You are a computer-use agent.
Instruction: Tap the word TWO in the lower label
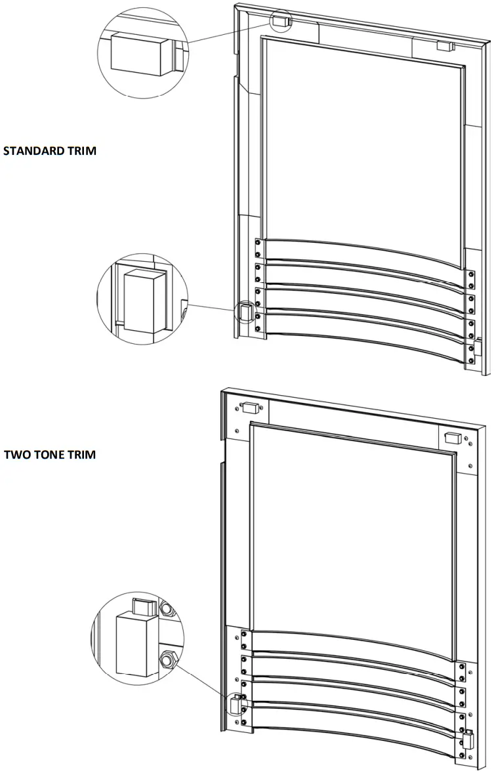[x=16, y=455]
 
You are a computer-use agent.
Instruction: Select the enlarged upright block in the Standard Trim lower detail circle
[x=141, y=301]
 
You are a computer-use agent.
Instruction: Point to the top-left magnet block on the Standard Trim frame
[x=280, y=21]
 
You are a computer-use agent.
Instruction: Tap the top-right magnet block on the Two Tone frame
[x=453, y=436]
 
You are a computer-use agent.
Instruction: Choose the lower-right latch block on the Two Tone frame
[x=468, y=740]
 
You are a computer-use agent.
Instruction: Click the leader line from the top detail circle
[x=230, y=31]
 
